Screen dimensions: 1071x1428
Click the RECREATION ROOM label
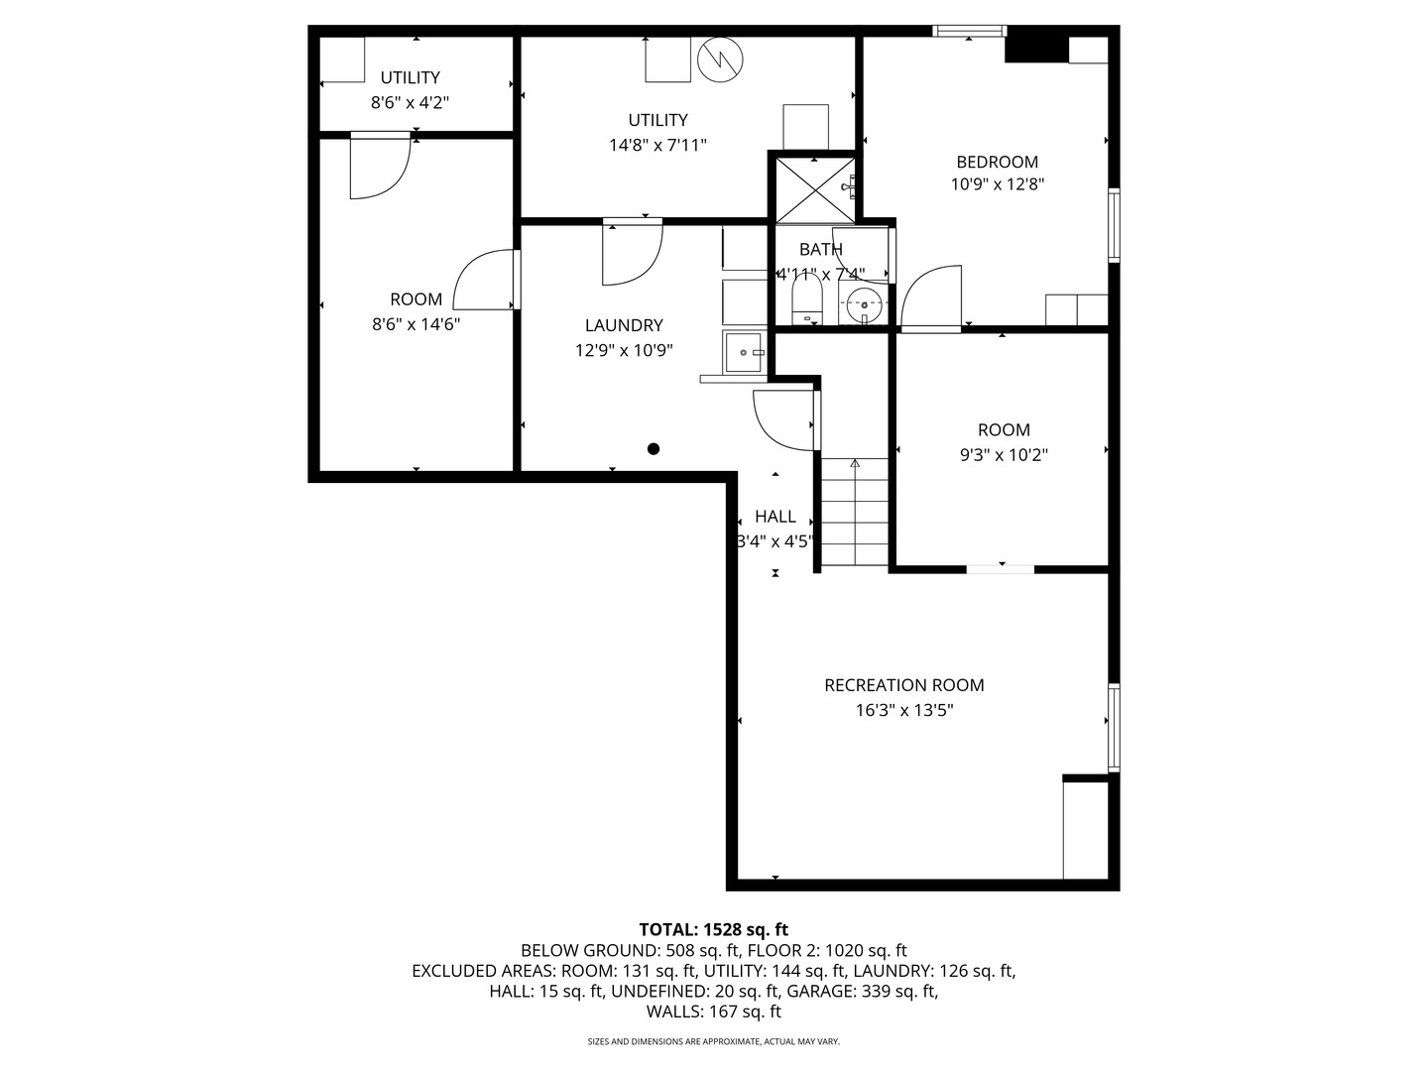coord(903,685)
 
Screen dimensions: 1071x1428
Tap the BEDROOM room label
coord(997,162)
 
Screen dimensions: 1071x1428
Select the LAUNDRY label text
coord(623,325)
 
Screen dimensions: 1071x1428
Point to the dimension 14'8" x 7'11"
coord(657,145)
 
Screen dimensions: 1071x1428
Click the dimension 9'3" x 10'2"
coord(1004,455)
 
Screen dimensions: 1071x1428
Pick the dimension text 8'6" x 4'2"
coord(410,102)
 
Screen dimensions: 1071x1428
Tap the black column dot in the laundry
coord(654,449)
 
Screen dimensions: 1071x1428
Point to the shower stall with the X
coord(813,188)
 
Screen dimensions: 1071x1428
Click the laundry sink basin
coord(744,352)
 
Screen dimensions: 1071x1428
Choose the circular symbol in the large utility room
coord(719,59)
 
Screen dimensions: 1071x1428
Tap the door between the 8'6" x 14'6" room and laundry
coord(486,281)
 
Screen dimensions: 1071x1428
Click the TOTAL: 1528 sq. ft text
coord(713,929)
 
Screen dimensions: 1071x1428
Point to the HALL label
coord(774,517)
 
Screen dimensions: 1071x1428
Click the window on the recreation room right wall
coord(1114,727)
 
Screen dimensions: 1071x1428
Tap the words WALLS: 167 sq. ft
coord(713,1011)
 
